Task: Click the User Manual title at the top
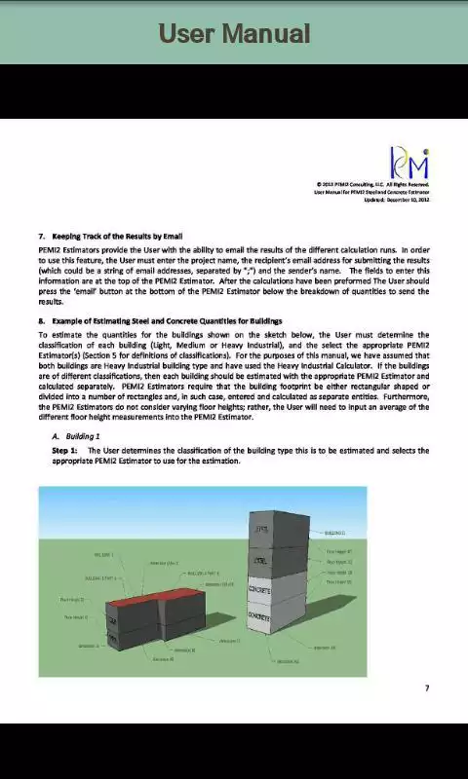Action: tap(234, 34)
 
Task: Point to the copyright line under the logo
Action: tap(372, 184)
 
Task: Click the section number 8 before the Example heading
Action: tap(41, 320)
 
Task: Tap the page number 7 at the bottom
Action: tap(427, 688)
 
